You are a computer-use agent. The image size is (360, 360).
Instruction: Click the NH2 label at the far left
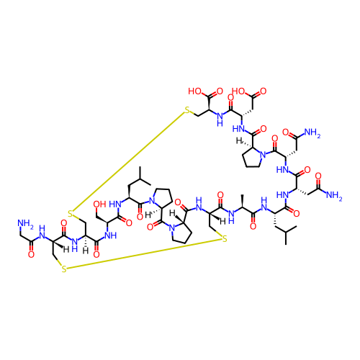click(x=25, y=224)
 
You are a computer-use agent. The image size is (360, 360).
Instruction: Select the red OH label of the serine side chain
click(x=99, y=204)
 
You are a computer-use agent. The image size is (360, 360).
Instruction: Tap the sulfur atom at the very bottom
click(x=64, y=269)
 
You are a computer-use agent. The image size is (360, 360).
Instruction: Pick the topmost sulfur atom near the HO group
click(x=187, y=110)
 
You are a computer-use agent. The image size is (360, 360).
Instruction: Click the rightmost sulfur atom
click(x=225, y=239)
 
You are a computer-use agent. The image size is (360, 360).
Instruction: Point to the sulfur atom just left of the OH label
click(x=71, y=213)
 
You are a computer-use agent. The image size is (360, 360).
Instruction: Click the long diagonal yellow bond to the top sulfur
click(x=129, y=161)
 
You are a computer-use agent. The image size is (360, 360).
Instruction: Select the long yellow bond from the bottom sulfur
click(x=144, y=254)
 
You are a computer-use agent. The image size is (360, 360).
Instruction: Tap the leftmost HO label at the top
click(x=194, y=91)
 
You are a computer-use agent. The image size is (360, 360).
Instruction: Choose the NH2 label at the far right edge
click(x=333, y=195)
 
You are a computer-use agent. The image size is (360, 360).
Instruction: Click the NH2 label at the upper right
click(x=312, y=132)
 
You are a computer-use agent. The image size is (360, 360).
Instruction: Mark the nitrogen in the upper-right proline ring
click(x=264, y=155)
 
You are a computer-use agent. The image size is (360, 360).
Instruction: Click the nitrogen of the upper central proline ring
click(x=151, y=200)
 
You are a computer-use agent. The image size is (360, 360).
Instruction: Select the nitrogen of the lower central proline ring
click(x=171, y=228)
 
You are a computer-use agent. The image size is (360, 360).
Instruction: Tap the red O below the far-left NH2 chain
click(x=31, y=254)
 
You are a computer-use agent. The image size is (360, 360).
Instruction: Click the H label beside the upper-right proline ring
click(x=238, y=140)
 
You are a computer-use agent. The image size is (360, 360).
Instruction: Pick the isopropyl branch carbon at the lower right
click(x=286, y=232)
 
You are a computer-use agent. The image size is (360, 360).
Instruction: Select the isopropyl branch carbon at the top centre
click(x=140, y=179)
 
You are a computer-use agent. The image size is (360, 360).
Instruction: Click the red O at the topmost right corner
click(x=263, y=91)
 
